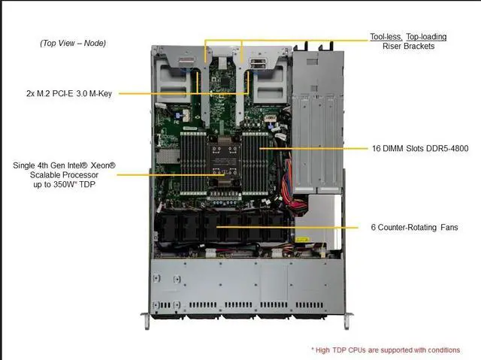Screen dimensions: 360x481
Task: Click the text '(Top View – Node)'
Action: pos(73,43)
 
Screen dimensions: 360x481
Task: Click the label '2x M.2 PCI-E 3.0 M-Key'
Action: pos(68,94)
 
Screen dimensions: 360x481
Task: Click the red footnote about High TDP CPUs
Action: pos(385,349)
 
